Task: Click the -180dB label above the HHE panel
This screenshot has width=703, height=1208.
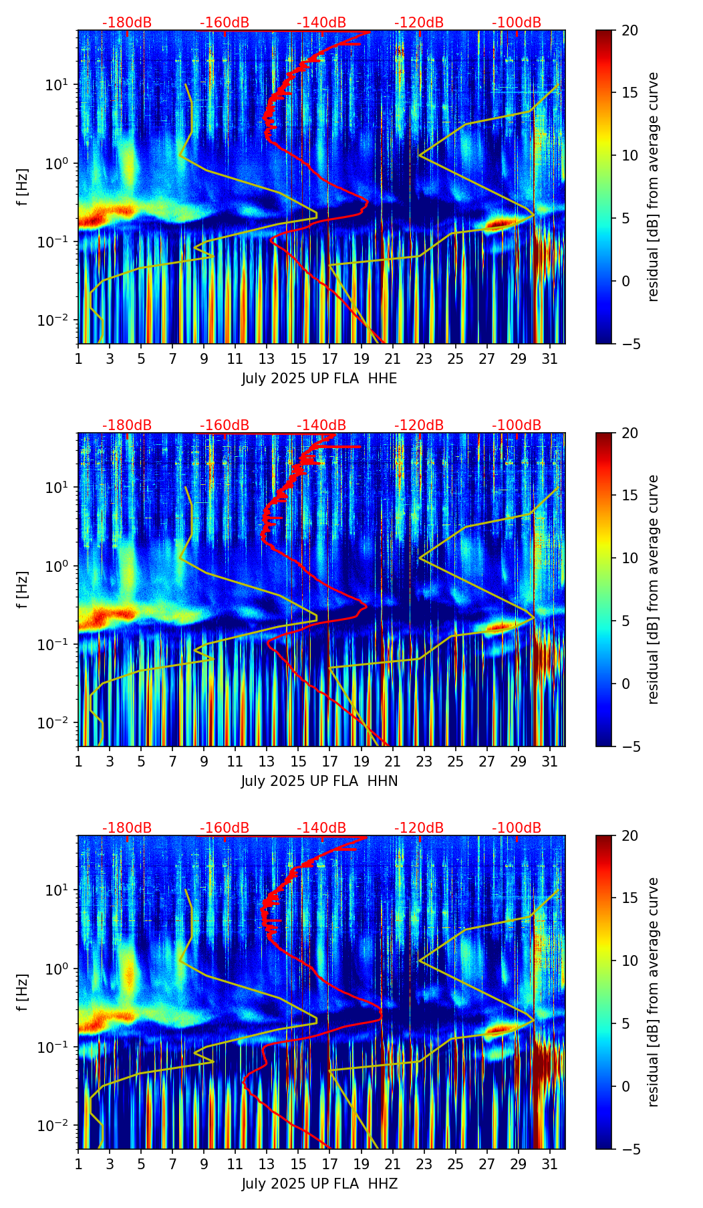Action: pos(127,23)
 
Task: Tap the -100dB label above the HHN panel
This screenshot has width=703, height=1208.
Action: pos(517,425)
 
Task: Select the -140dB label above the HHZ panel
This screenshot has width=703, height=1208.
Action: pos(321,828)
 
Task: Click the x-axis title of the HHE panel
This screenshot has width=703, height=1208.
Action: pos(319,379)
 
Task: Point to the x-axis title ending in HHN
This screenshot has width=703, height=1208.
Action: pos(319,781)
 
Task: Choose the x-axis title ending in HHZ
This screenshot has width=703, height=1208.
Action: pos(319,1184)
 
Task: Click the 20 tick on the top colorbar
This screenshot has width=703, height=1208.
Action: pos(630,30)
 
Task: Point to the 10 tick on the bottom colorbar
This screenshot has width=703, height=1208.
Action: pos(630,961)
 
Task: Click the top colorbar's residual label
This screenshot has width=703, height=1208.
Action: pos(654,187)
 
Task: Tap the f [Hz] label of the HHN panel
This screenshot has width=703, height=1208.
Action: pos(23,589)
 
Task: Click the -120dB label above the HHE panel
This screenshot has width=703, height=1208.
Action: pos(419,23)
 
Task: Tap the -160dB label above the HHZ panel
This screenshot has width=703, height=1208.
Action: pos(225,828)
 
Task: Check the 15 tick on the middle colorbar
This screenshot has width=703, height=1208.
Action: pos(630,496)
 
